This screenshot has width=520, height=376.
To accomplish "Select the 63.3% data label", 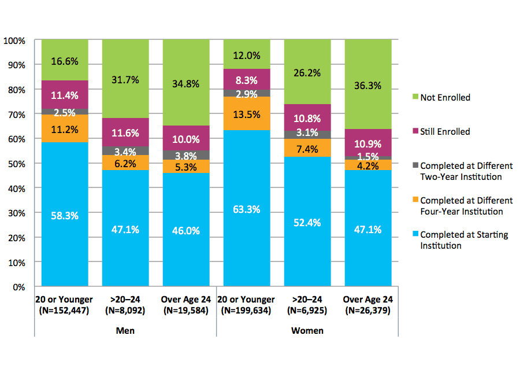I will pyautogui.click(x=247, y=209).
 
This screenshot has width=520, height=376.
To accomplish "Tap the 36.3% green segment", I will pyautogui.click(x=367, y=84).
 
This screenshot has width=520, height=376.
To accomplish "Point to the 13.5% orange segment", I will pyautogui.click(x=247, y=113).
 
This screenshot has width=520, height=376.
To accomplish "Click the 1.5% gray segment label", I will pyautogui.click(x=367, y=157).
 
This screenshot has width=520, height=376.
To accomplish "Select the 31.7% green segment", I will pyautogui.click(x=125, y=79).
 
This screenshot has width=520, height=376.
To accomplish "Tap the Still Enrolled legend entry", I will pyautogui.click(x=445, y=131).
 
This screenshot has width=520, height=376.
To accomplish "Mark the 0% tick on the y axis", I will pyautogui.click(x=19, y=287).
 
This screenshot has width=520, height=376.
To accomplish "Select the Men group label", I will pyautogui.click(x=125, y=331).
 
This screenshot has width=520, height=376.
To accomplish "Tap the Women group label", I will pyautogui.click(x=307, y=331).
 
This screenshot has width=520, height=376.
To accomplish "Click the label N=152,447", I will pyautogui.click(x=64, y=311).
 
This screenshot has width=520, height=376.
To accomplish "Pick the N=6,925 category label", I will pyautogui.click(x=307, y=311).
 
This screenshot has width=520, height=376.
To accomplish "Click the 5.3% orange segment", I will pyautogui.click(x=186, y=167).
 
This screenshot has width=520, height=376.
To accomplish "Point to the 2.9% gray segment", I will pyautogui.click(x=247, y=93).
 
